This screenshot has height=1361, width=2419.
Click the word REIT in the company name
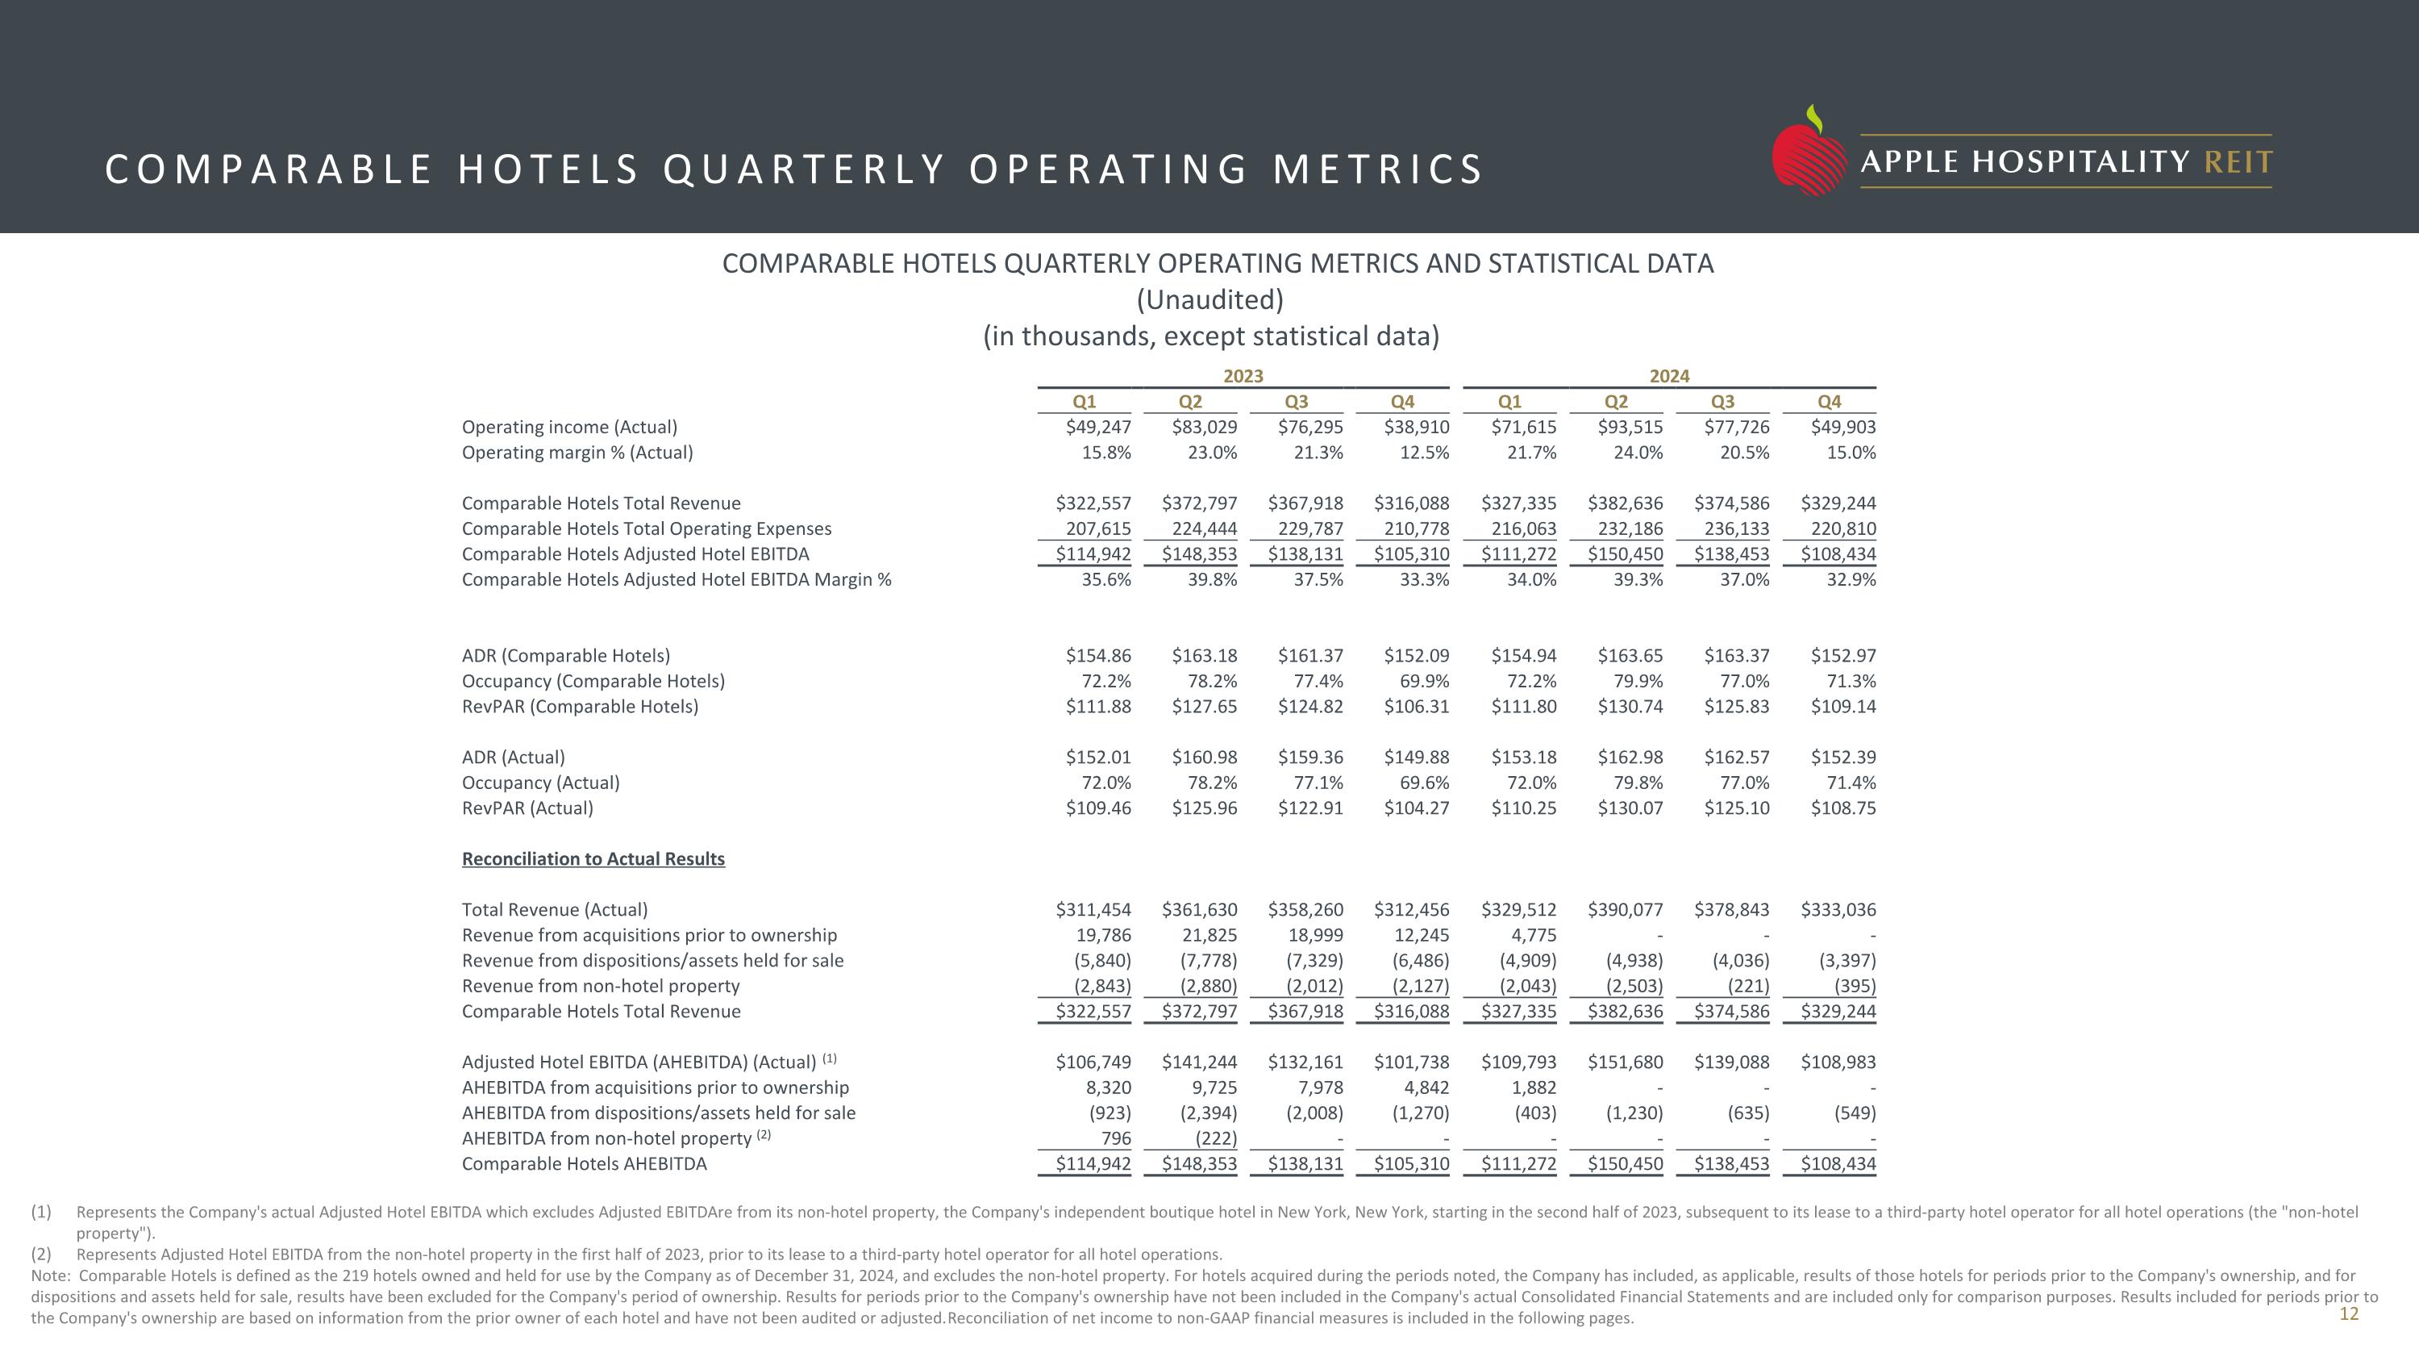[2238, 162]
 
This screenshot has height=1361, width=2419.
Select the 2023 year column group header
[1243, 376]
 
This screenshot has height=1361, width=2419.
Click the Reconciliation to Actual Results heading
[593, 858]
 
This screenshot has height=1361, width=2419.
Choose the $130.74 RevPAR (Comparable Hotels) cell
[1630, 707]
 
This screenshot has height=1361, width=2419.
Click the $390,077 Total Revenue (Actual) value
[1625, 909]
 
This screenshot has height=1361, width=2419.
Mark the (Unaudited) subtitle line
[1209, 299]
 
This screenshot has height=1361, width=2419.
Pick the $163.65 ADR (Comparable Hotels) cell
[1630, 656]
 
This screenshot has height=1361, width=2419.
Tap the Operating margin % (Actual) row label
[577, 452]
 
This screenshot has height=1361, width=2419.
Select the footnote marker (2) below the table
[41, 1254]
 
